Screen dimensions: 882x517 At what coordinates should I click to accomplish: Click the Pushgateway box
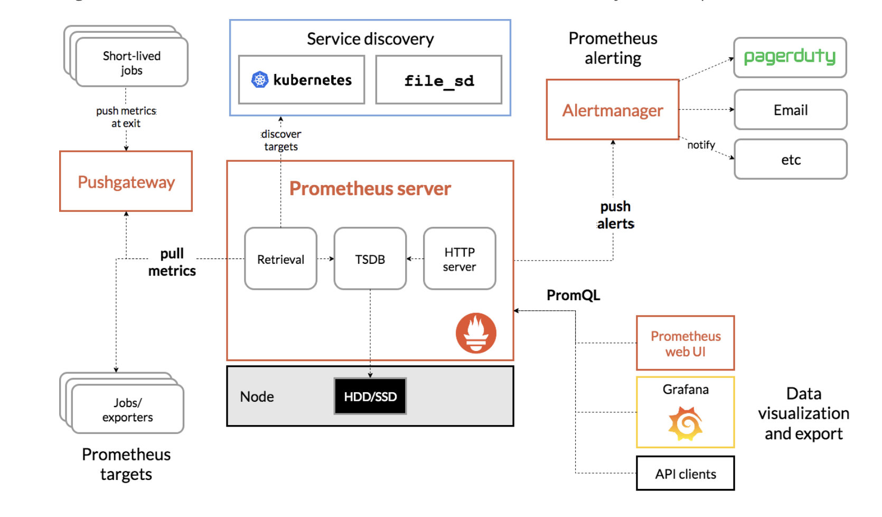[126, 181]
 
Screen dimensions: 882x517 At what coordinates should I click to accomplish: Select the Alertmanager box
[613, 109]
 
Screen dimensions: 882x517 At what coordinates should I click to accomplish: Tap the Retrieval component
[281, 258]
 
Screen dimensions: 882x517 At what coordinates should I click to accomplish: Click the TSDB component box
[370, 258]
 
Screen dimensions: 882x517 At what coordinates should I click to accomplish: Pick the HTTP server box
[459, 258]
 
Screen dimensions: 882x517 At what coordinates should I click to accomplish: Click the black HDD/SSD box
[370, 396]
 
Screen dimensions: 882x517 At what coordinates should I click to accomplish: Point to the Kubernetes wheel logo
[260, 80]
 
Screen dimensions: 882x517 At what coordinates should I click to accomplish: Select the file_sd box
[439, 80]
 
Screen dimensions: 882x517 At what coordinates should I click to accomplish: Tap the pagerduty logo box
[790, 58]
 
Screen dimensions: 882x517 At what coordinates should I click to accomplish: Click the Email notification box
[791, 109]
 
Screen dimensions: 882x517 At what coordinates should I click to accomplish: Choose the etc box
[791, 159]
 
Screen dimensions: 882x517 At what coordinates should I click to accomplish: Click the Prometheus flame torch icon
[476, 333]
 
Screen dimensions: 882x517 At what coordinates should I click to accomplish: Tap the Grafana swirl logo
[686, 423]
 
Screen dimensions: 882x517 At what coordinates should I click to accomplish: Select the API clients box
[686, 473]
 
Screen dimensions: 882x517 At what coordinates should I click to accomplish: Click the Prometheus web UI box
[686, 343]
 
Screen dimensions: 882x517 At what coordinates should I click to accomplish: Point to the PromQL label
[574, 295]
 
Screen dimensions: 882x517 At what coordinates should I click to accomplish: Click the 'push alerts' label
[615, 215]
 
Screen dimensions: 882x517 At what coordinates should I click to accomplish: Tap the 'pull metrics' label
[172, 262]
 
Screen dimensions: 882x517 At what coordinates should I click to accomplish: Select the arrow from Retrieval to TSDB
[326, 259]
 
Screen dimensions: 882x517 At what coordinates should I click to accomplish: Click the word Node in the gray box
[257, 396]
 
